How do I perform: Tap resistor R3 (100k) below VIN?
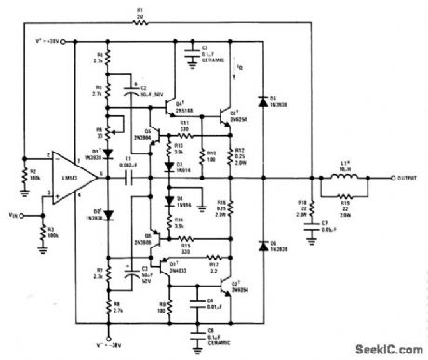[x=42, y=227]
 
